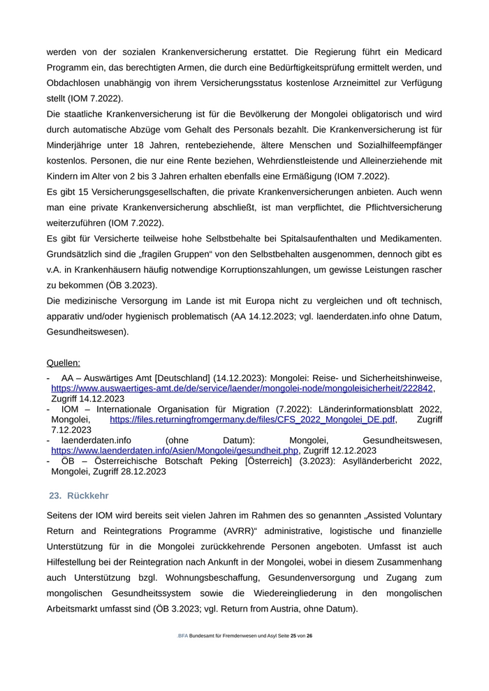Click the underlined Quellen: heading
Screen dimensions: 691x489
64,362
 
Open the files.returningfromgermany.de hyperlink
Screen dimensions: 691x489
252,419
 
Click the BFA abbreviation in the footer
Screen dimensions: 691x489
183,655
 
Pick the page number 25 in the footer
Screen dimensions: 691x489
293,655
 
